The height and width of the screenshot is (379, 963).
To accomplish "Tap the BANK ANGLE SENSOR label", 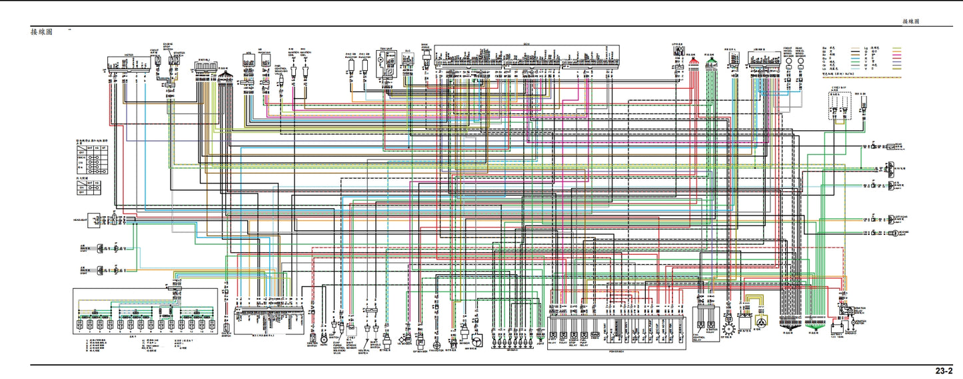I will (425, 49).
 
